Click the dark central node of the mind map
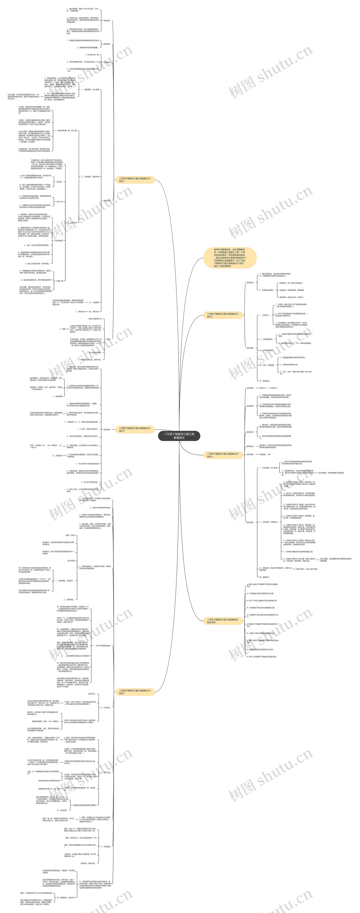click(x=179, y=436)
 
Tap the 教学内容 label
click(x=250, y=388)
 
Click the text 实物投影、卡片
click(x=265, y=454)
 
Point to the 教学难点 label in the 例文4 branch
click(x=250, y=446)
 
